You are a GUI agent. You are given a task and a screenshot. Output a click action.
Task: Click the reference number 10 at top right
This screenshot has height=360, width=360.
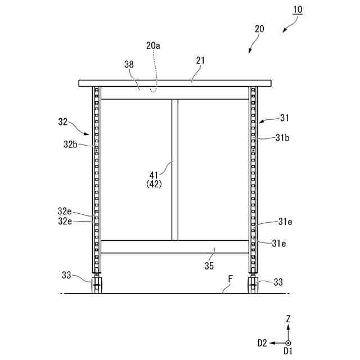click(296, 10)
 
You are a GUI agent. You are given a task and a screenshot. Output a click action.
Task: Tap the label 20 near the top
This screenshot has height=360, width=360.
click(260, 29)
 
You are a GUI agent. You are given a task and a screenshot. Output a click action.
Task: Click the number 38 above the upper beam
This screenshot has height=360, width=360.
click(129, 65)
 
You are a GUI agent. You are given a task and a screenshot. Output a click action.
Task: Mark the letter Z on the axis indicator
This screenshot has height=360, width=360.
click(288, 319)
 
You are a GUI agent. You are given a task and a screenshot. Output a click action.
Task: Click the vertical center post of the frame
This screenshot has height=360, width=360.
click(174, 169)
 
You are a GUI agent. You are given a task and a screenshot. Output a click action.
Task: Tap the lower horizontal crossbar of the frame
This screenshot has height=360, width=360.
click(174, 246)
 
